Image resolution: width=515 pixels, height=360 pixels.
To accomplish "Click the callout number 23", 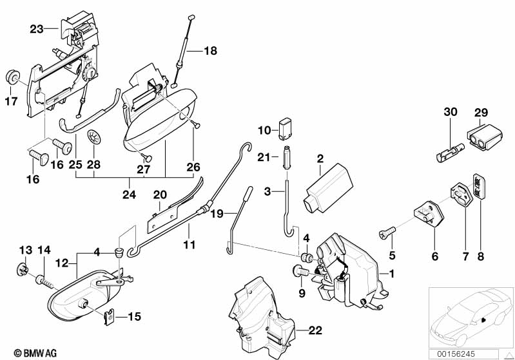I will tap(36, 29).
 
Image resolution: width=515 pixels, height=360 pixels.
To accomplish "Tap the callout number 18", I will tap(211, 50).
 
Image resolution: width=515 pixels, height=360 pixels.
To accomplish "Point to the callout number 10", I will tap(265, 130).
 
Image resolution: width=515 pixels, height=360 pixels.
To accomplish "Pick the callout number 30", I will tap(450, 111).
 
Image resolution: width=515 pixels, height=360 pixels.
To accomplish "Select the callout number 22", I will tap(314, 331).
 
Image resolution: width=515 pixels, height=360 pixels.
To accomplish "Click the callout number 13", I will tap(24, 250).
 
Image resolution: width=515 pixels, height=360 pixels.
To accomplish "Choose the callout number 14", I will tap(44, 250).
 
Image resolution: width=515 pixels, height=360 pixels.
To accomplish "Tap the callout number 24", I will tap(130, 194).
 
